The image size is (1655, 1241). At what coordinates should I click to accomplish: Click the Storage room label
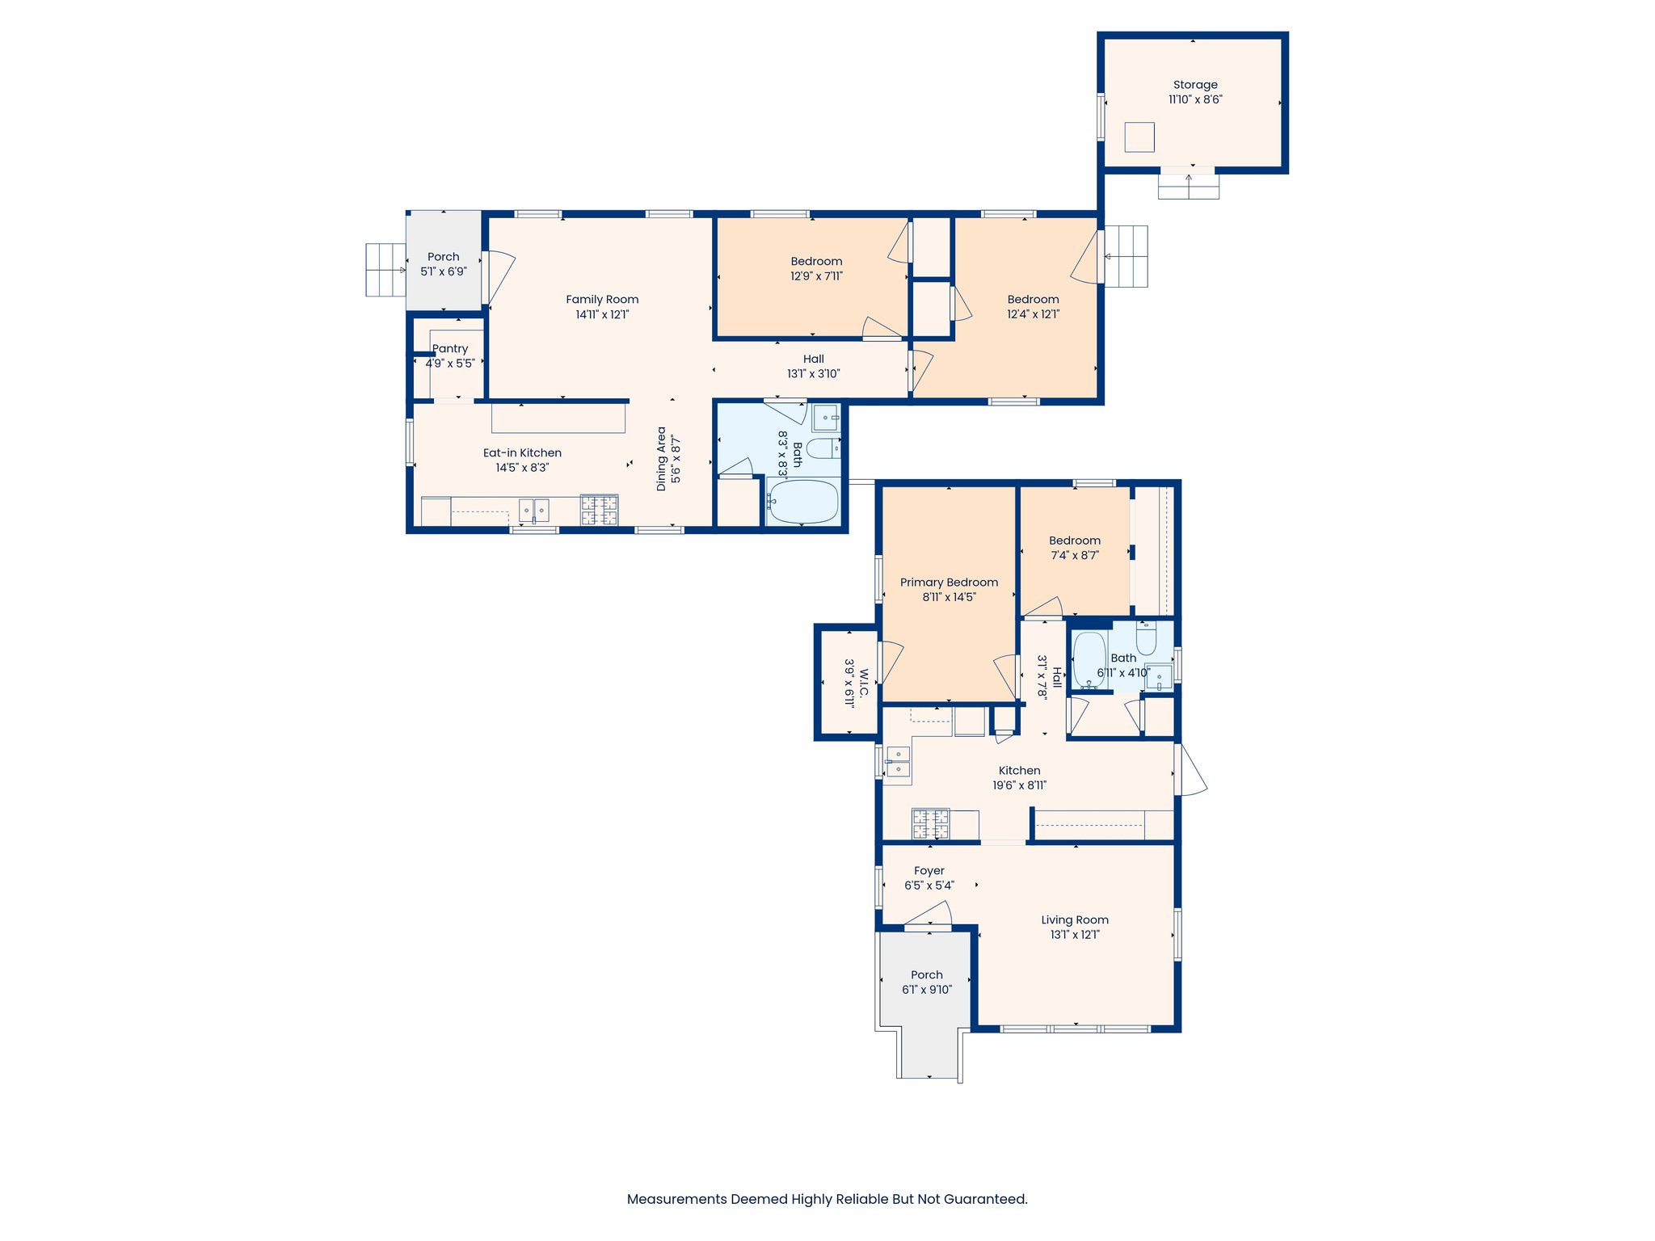point(1195,85)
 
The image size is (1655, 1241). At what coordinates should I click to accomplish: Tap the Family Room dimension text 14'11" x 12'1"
point(602,314)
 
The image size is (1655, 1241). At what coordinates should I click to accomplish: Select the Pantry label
point(450,349)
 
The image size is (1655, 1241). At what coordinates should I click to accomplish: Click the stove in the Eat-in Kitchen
point(599,511)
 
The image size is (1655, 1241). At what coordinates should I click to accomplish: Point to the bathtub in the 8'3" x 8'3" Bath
point(802,502)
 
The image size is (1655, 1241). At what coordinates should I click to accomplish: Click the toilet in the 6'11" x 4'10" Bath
point(1146,639)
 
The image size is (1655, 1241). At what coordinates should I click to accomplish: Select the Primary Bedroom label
point(949,583)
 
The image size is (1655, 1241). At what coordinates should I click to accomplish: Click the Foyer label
point(929,871)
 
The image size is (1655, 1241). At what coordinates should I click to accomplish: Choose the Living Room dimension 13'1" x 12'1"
point(1074,935)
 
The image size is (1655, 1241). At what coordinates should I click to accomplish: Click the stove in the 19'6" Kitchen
point(930,824)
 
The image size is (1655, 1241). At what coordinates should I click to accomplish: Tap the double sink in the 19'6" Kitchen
point(898,762)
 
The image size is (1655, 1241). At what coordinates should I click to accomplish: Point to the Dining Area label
point(662,459)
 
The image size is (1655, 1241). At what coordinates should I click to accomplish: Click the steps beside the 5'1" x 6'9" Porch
point(385,270)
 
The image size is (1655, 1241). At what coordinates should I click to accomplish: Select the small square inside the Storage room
point(1139,137)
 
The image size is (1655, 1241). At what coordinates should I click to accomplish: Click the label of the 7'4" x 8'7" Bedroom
point(1074,541)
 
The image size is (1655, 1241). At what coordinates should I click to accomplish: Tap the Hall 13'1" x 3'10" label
point(813,360)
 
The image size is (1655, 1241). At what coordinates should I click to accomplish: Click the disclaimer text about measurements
point(827,1199)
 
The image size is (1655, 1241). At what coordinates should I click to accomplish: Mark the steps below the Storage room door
point(1188,187)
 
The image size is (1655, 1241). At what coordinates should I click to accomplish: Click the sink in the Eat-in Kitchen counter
point(533,511)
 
